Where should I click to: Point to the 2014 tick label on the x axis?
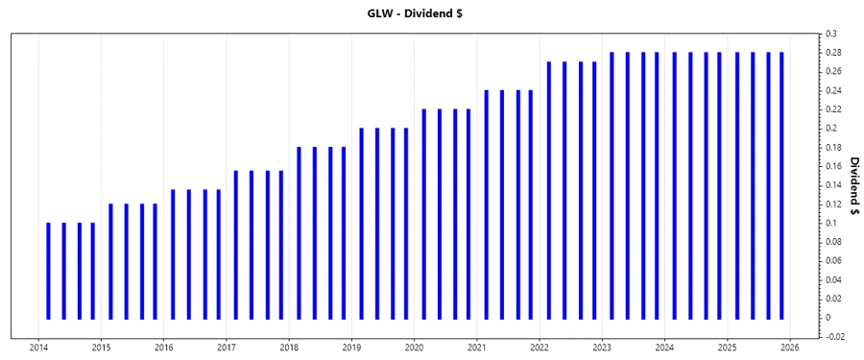click(38, 347)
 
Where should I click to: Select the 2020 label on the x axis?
click(414, 347)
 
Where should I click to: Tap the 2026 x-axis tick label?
click(790, 347)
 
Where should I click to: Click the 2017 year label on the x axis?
click(227, 347)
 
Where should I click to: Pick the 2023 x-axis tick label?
click(602, 347)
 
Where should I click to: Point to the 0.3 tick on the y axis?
click(831, 34)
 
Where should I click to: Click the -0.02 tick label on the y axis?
click(834, 336)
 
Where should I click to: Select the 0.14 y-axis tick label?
click(834, 184)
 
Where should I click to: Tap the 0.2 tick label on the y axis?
click(831, 128)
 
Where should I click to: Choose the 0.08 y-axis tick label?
click(834, 241)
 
